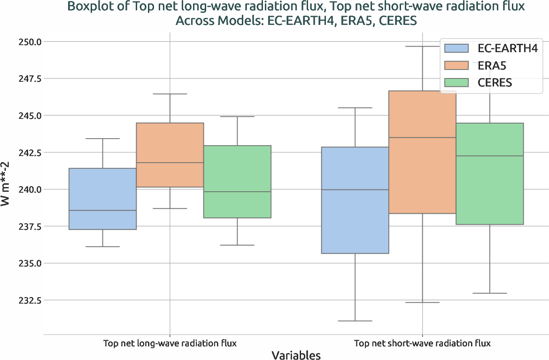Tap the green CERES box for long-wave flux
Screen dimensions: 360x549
tap(237, 181)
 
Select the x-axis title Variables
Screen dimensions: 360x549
tap(296, 355)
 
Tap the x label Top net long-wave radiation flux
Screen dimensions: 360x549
tap(170, 343)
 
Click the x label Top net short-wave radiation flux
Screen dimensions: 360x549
tap(422, 343)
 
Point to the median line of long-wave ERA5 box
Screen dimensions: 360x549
tap(170, 163)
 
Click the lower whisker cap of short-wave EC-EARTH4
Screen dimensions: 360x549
tap(355, 321)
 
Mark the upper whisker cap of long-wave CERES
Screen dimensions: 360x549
tap(237, 117)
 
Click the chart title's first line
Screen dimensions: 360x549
tap(296, 7)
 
